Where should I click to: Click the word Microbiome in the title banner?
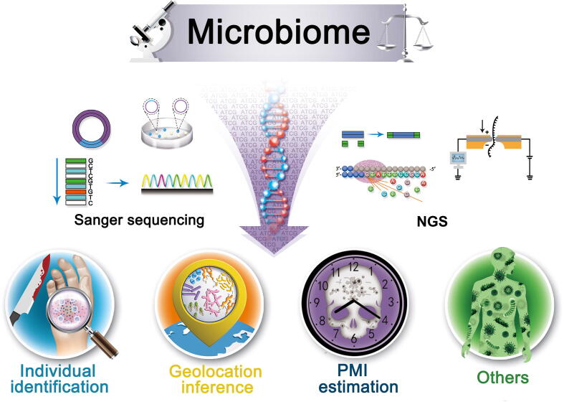279,32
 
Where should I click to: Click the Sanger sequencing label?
138,220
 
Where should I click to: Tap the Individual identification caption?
58,379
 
